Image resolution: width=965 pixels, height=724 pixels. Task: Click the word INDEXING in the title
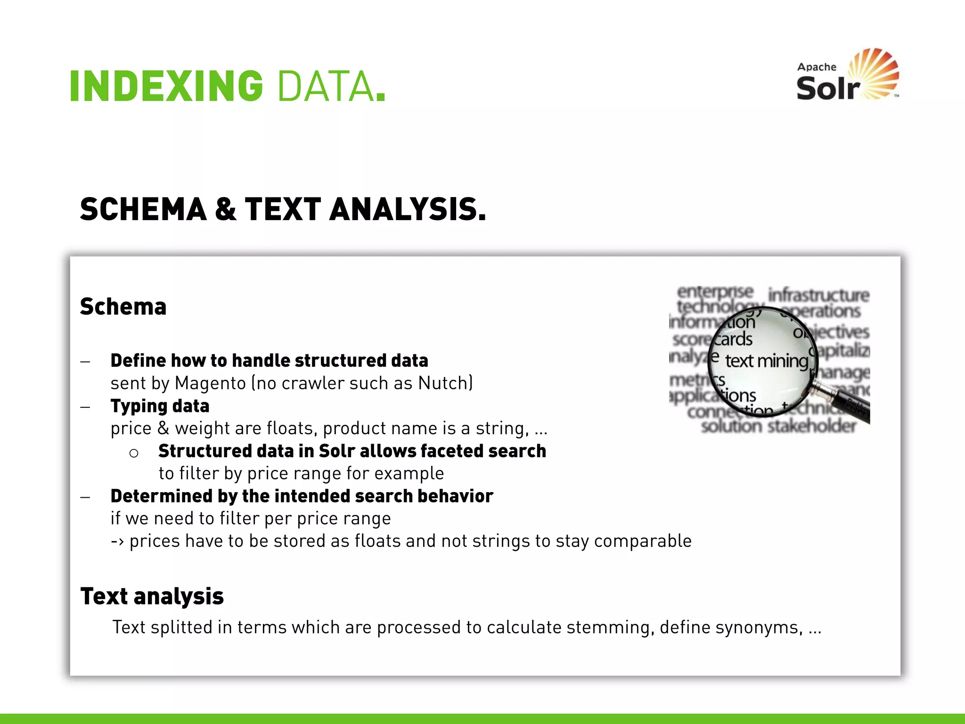click(166, 86)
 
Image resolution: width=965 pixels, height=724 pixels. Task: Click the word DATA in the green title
click(326, 86)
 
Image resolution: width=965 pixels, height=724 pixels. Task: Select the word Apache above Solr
click(817, 67)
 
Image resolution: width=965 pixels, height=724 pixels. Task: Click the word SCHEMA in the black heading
click(143, 209)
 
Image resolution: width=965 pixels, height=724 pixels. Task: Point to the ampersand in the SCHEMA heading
click(226, 209)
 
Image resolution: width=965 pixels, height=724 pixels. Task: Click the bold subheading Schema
click(123, 307)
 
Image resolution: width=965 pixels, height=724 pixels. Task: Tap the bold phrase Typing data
click(160, 406)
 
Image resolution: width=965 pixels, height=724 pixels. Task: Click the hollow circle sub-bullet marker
click(134, 453)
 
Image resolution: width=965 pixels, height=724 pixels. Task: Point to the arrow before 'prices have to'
click(117, 542)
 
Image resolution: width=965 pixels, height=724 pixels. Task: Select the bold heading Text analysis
click(152, 596)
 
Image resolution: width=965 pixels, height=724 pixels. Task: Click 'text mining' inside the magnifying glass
click(766, 361)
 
